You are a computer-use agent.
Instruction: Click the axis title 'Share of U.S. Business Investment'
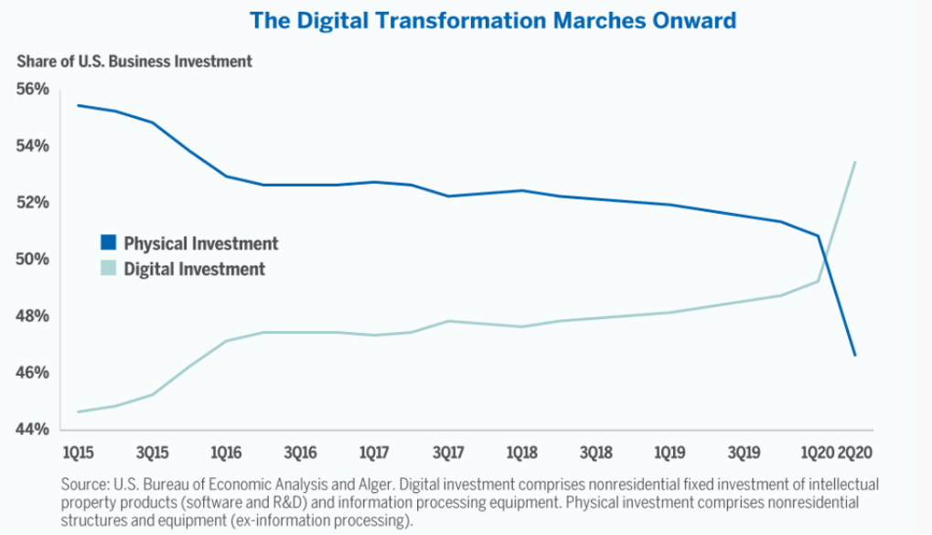pyautogui.click(x=134, y=61)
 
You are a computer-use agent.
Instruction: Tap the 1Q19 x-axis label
pyautogui.click(x=670, y=453)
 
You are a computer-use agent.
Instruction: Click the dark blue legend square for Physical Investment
pyautogui.click(x=109, y=243)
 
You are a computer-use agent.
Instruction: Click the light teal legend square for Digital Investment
pyautogui.click(x=109, y=269)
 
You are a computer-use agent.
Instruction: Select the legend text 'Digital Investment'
pyautogui.click(x=194, y=269)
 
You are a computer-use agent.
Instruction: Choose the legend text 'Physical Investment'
pyautogui.click(x=201, y=243)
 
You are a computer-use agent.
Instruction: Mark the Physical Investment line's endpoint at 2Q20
pyautogui.click(x=854, y=355)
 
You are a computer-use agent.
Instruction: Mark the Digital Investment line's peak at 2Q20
pyautogui.click(x=854, y=162)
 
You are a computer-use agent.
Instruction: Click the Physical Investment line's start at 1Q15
pyautogui.click(x=78, y=105)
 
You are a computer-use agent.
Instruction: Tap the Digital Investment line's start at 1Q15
pyautogui.click(x=78, y=412)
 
